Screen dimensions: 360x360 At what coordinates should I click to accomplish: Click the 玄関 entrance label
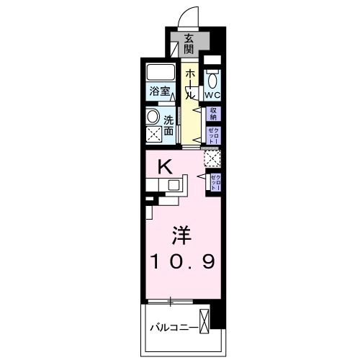click(189, 44)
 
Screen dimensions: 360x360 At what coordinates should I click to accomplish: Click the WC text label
click(211, 94)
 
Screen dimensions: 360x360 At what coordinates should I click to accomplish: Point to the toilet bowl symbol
click(212, 78)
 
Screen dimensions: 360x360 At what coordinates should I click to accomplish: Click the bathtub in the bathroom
click(161, 73)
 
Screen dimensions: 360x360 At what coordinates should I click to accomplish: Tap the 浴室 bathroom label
click(160, 91)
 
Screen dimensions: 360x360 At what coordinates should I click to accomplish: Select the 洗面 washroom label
click(168, 127)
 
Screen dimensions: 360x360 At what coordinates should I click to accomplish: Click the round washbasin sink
click(153, 117)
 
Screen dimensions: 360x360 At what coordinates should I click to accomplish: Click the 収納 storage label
click(214, 114)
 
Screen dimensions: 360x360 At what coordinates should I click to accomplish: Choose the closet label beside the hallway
click(214, 133)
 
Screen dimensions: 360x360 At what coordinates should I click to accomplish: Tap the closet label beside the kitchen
click(215, 181)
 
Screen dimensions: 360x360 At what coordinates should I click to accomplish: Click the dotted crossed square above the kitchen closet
click(212, 158)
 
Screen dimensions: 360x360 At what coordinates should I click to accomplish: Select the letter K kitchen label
click(165, 168)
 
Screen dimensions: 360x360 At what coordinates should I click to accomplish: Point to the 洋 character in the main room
click(180, 235)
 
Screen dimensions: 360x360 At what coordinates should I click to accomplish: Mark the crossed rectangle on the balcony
click(207, 321)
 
